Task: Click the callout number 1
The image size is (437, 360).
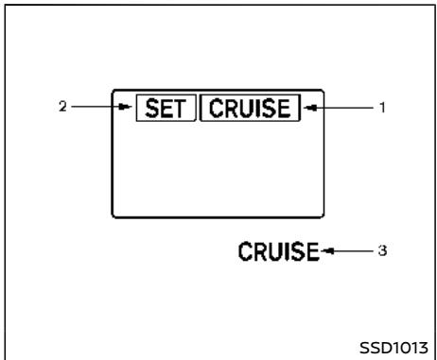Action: pyautogui.click(x=382, y=108)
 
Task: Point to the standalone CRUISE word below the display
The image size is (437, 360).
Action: pyautogui.click(x=280, y=252)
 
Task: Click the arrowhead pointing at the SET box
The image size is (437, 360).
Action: pyautogui.click(x=127, y=108)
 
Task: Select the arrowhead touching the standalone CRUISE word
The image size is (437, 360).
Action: pyautogui.click(x=327, y=252)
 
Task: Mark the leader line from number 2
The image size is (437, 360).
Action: pyautogui.click(x=95, y=107)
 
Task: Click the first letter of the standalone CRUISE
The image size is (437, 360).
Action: pyautogui.click(x=245, y=252)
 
